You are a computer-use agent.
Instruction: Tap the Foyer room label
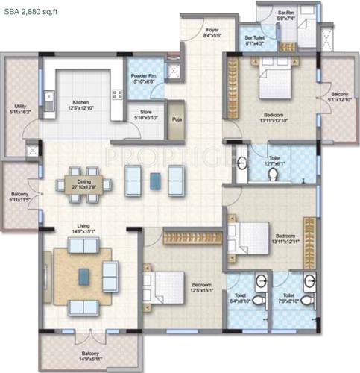(212, 32)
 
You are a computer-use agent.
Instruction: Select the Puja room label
(177, 118)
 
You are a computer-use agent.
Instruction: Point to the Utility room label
(19, 108)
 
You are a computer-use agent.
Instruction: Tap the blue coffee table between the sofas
(155, 180)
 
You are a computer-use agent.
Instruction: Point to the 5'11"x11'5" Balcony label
(19, 195)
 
